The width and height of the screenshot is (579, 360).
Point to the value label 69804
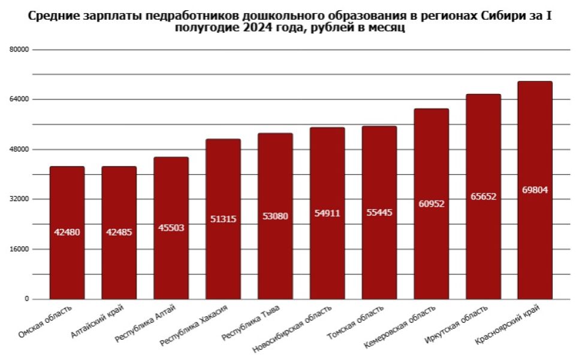[x=535, y=190]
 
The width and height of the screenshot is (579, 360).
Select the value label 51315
[x=223, y=219]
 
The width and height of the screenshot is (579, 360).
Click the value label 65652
[x=483, y=196]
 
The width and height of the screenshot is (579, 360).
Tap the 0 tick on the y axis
[x=26, y=299]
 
